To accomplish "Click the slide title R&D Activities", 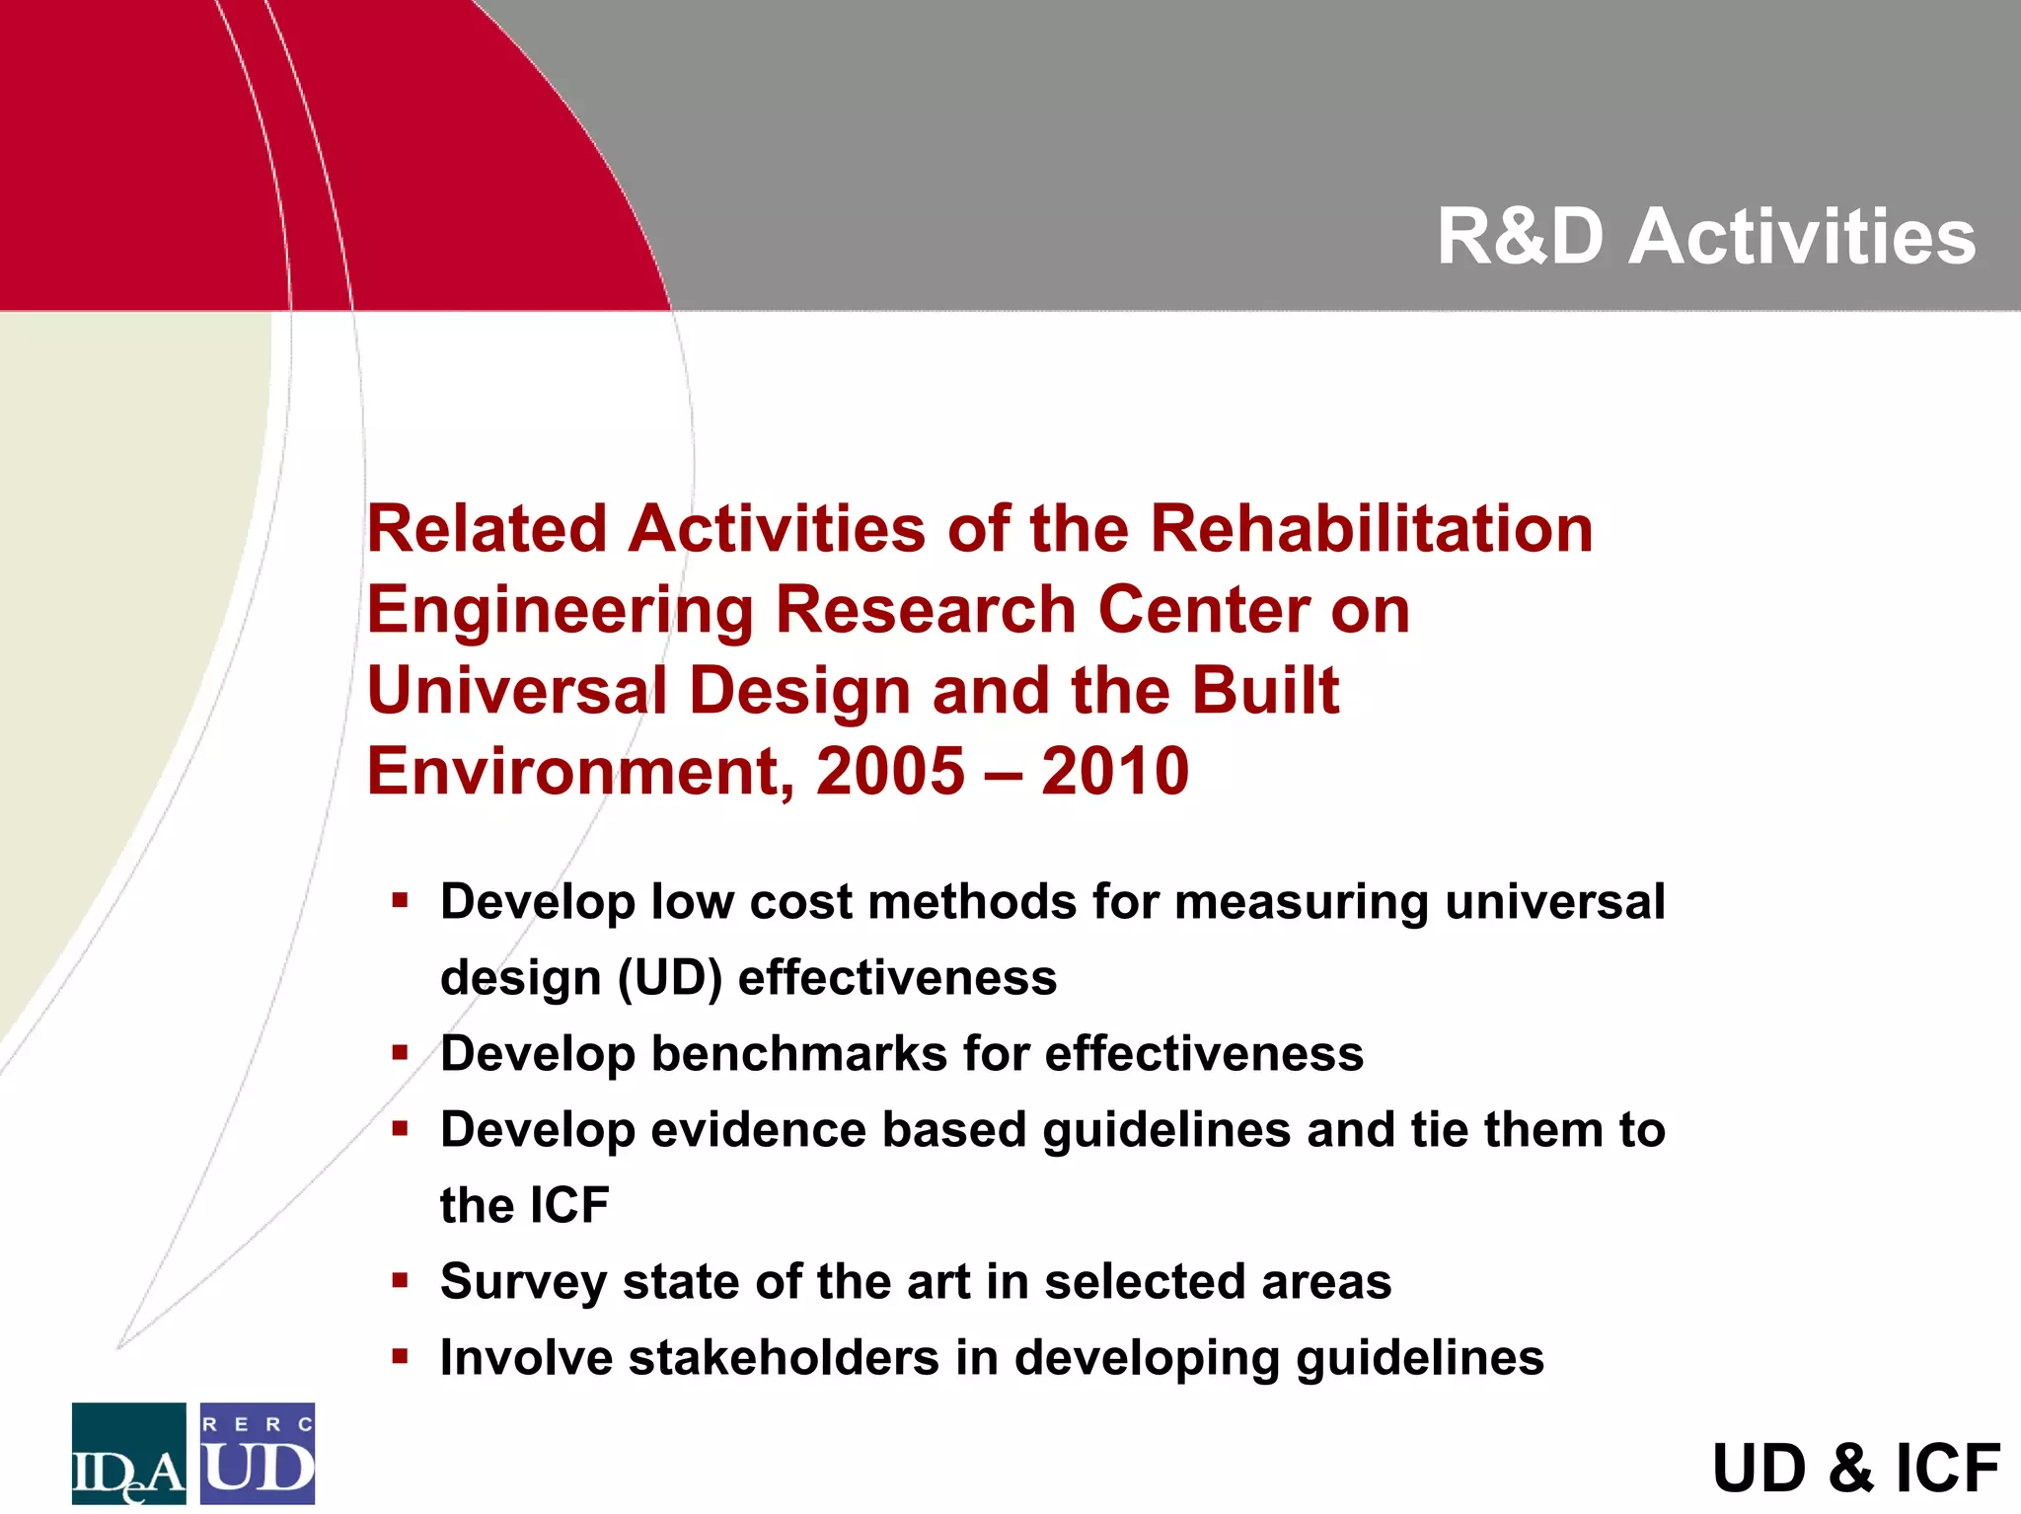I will pyautogui.click(x=1705, y=238).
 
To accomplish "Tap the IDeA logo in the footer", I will pyautogui.click(x=128, y=1453).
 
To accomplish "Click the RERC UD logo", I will pyautogui.click(x=258, y=1453).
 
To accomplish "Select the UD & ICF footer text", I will pyautogui.click(x=1855, y=1468).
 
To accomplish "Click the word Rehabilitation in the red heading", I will pyautogui.click(x=1371, y=529).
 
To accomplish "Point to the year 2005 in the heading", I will pyautogui.click(x=890, y=771).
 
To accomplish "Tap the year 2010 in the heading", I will pyautogui.click(x=1115, y=771).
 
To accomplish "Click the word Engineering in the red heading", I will pyautogui.click(x=560, y=611).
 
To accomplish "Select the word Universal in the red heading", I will pyautogui.click(x=516, y=690).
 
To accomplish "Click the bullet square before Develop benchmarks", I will pyautogui.click(x=400, y=1053).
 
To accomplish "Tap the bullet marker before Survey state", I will pyautogui.click(x=400, y=1281).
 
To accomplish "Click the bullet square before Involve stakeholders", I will pyautogui.click(x=400, y=1357).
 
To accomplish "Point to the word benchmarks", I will pyautogui.click(x=798, y=1053).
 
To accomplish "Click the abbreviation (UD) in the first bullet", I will pyautogui.click(x=670, y=978).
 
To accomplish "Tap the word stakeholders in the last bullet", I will pyautogui.click(x=784, y=1357).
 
